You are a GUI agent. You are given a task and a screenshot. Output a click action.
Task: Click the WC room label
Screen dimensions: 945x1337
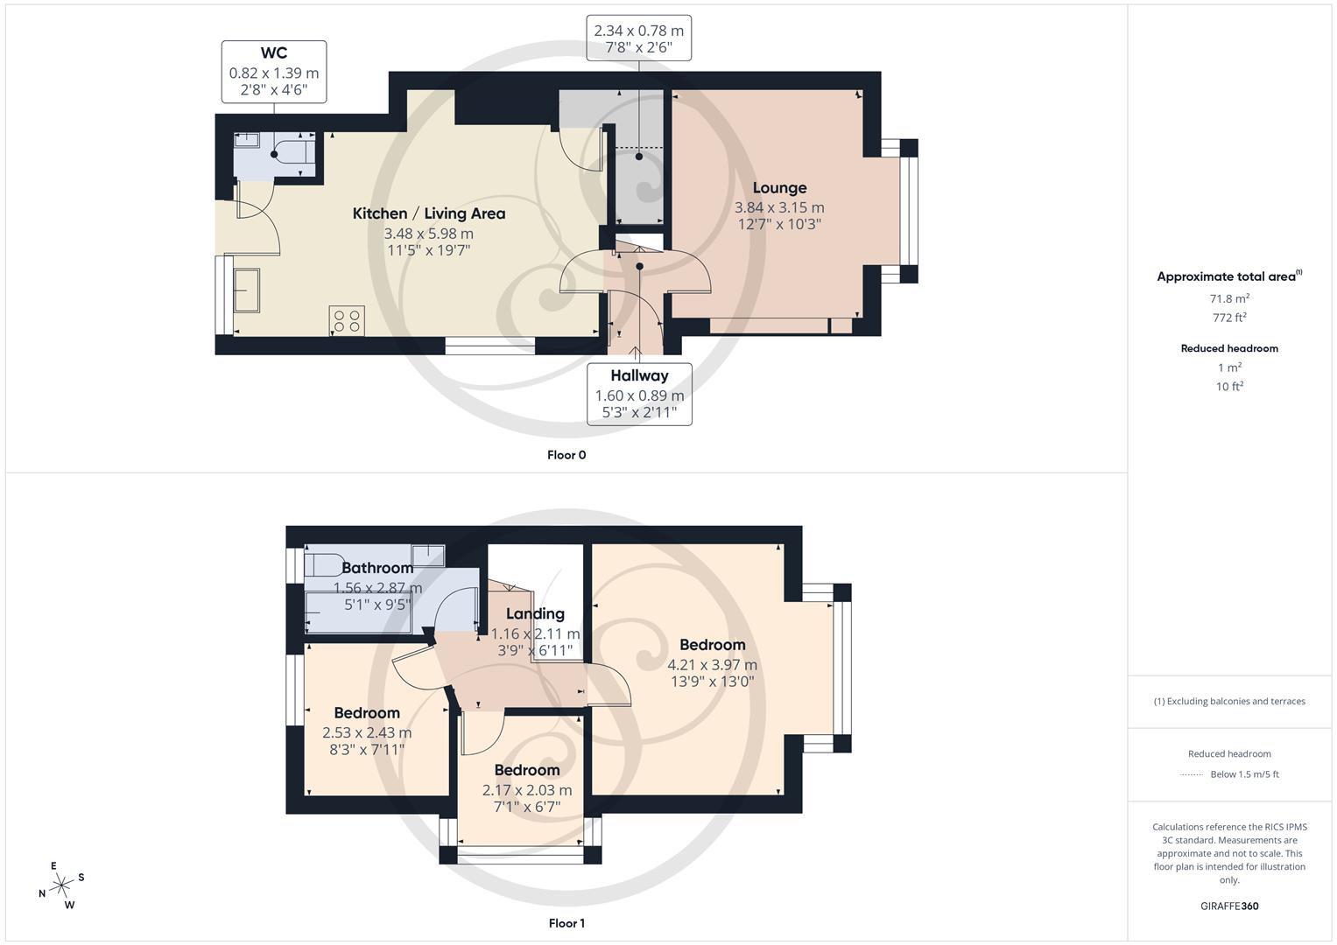coord(273,54)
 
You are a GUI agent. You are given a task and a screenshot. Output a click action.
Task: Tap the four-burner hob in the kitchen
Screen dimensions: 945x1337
coord(347,320)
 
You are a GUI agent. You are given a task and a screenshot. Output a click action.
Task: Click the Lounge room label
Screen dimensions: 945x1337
coord(779,188)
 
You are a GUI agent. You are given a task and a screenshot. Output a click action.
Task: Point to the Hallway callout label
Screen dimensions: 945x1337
coord(639,376)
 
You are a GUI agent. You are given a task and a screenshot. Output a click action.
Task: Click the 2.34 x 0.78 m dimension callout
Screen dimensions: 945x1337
coord(639,31)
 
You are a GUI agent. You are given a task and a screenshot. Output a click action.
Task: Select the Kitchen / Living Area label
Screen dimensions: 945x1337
coord(428,213)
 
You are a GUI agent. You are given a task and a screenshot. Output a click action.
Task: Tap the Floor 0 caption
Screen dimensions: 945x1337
coord(566,455)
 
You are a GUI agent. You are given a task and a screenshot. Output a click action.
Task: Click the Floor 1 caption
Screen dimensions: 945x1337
coord(566,923)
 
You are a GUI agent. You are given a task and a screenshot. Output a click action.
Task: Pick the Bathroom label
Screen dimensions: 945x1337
coord(377,568)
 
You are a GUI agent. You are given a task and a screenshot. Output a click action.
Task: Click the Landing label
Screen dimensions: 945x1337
coord(535,614)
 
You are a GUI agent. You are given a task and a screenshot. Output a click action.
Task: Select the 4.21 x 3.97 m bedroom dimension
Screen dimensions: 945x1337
coord(712,665)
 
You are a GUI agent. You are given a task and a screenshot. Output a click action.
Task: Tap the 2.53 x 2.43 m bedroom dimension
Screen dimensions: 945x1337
coord(367,733)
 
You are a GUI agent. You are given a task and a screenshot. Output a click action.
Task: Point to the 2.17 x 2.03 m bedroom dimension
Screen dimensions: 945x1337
coord(526,790)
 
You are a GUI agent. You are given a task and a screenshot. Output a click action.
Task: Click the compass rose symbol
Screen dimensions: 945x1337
coord(61,885)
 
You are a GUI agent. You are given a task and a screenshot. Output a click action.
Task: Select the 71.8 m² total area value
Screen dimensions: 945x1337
coord(1229,298)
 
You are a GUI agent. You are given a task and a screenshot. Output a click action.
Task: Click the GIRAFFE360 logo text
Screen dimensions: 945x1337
coord(1229,906)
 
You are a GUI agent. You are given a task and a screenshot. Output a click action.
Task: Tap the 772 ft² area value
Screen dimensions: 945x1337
coord(1229,318)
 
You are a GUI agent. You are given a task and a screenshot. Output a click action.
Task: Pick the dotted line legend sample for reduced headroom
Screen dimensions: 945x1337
coord(1192,774)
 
